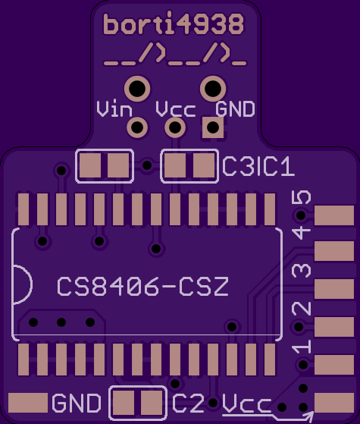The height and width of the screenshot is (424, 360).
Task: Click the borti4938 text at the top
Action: point(174,24)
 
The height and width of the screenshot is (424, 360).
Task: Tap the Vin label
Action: point(114,109)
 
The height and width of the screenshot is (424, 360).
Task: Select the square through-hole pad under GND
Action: point(213,127)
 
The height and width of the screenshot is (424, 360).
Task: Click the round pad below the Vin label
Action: point(137,127)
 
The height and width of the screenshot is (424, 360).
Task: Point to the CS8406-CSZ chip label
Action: point(143,286)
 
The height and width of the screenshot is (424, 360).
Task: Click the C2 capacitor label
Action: point(188,403)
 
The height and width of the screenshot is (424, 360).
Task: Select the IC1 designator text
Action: point(275,166)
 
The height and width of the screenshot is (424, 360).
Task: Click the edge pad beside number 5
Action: point(334,215)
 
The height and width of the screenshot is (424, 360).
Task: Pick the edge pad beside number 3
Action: point(334,289)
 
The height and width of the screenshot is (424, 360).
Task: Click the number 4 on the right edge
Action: point(302,234)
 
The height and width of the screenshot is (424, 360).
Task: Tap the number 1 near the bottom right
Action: point(302,347)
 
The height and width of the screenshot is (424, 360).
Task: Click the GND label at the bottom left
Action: point(77,403)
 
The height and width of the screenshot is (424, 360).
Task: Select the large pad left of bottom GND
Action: point(28,403)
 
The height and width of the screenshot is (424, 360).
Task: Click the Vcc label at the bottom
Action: point(246,404)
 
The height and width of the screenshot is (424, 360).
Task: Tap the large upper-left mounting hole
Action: point(137,88)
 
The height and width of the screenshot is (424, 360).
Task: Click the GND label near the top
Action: point(235,109)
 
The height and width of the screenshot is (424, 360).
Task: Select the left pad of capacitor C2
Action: point(124,403)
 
